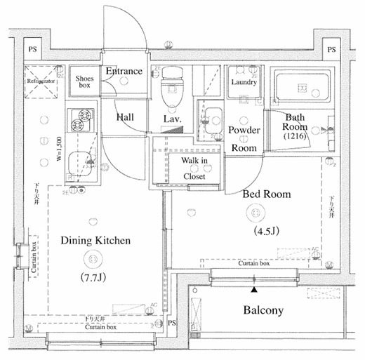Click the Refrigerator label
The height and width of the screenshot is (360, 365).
[x=41, y=81]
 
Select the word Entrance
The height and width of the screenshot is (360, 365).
[x=124, y=71]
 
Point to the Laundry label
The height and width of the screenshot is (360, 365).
[x=244, y=82]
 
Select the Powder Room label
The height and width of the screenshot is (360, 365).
[x=245, y=139]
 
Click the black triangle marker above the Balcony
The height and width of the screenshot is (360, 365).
[x=254, y=288]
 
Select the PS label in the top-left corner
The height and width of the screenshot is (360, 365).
[x=32, y=50]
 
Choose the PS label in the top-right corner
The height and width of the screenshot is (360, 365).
[x=330, y=50]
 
